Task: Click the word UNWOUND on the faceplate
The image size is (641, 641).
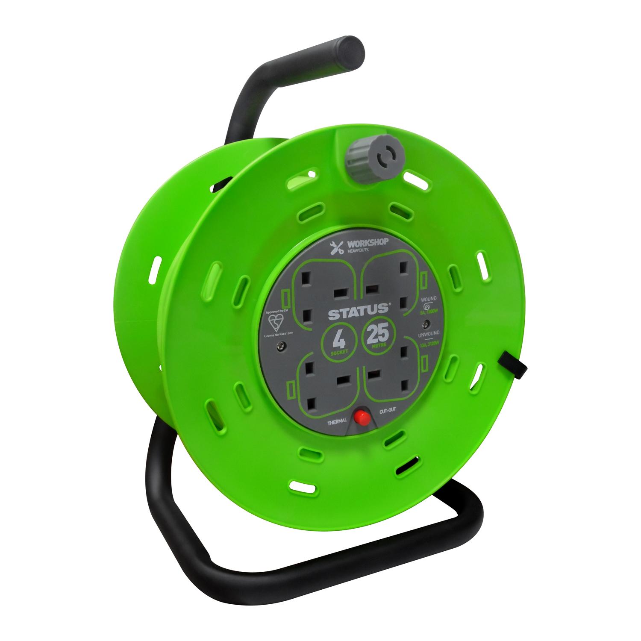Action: pyautogui.click(x=429, y=333)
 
